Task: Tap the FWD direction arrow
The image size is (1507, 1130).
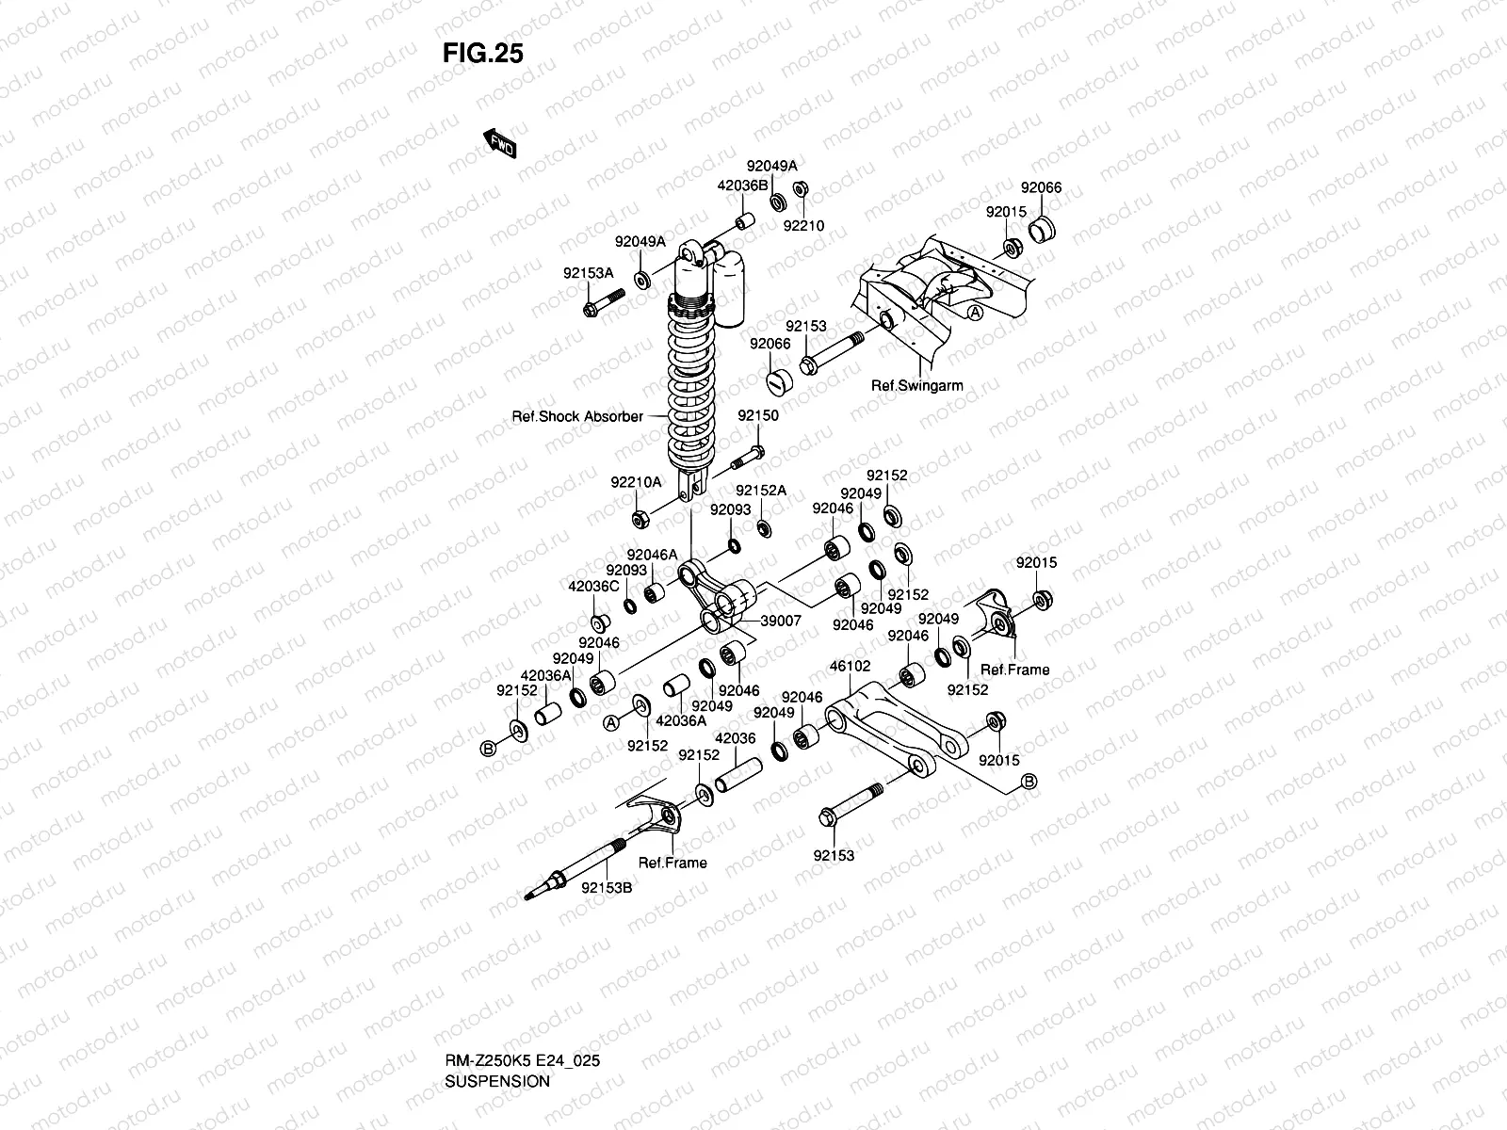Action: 501,143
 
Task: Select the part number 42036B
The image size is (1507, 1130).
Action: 743,186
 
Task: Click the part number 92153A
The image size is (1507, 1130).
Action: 589,273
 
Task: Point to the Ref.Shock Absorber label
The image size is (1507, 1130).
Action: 577,416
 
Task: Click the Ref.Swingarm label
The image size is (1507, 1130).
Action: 916,385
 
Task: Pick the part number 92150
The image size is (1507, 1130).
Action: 757,415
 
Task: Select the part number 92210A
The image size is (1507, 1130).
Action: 636,482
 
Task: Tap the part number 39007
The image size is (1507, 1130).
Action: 781,621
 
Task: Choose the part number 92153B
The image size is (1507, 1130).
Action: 607,886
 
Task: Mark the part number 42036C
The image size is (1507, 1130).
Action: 592,586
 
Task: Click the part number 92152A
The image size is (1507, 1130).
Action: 761,491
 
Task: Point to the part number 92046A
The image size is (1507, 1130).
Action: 652,556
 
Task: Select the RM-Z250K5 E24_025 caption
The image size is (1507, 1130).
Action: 522,1009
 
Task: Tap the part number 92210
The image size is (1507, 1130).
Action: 803,226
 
